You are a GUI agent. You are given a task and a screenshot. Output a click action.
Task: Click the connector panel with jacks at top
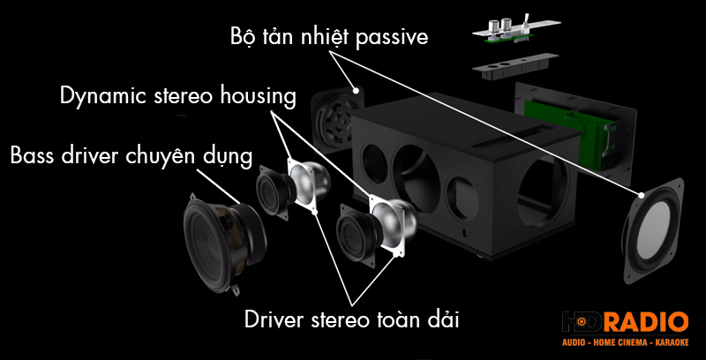(x=511, y=28)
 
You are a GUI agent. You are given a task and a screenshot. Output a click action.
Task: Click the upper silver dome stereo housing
(x=307, y=184)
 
